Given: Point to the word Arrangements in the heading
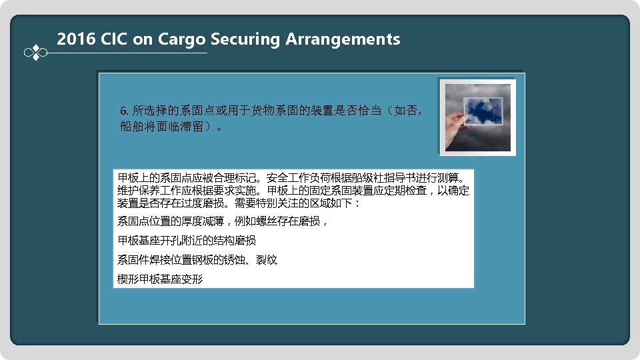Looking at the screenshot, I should pyautogui.click(x=343, y=39).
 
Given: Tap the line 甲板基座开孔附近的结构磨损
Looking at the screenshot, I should pyautogui.click(x=187, y=240).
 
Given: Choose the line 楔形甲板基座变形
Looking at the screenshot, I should pyautogui.click(x=160, y=279).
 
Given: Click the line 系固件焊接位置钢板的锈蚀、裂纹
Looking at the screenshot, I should pyautogui.click(x=197, y=259).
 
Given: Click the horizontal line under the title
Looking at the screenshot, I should pyautogui.click(x=127, y=53).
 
